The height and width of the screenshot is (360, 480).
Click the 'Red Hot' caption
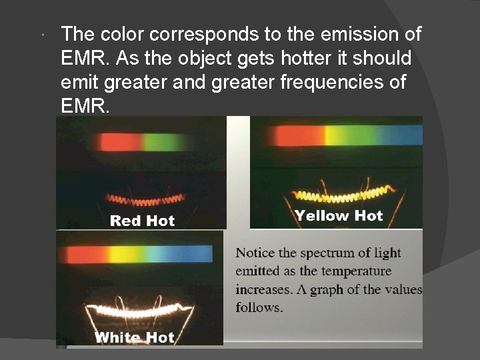click(142, 221)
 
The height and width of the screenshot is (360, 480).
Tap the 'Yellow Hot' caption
click(339, 215)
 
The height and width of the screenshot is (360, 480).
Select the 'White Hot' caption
click(135, 337)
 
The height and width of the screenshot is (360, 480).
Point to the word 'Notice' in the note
click(255, 253)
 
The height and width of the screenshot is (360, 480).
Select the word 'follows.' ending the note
click(259, 307)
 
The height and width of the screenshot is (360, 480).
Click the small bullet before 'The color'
click(42, 34)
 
